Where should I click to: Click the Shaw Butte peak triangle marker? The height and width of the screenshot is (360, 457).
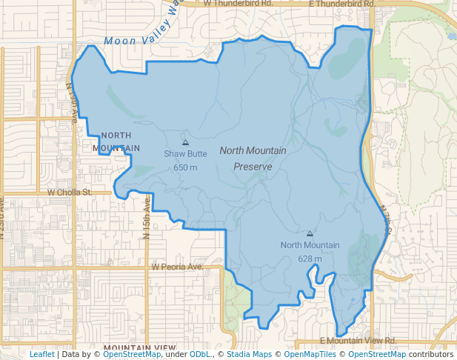click(185, 142)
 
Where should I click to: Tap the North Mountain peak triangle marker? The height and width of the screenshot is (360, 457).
click(310, 233)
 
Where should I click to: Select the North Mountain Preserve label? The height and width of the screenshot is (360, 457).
click(253, 159)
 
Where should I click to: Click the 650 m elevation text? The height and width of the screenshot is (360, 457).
click(185, 167)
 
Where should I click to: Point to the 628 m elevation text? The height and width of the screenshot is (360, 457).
click(310, 259)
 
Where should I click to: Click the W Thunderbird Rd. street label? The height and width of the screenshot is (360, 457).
click(238, 4)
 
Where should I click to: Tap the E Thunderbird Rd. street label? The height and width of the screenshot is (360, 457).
click(343, 4)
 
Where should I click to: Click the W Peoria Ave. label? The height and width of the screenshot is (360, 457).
click(177, 267)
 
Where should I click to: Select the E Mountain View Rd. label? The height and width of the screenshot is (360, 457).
click(358, 341)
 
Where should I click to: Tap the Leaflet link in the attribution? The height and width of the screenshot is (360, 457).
click(41, 354)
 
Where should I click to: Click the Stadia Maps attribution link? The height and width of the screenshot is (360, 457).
click(249, 354)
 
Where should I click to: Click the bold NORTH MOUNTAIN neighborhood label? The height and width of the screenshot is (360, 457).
click(116, 141)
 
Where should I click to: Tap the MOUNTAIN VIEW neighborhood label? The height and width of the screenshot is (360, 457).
click(140, 347)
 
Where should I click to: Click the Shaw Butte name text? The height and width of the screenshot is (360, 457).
click(185, 154)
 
